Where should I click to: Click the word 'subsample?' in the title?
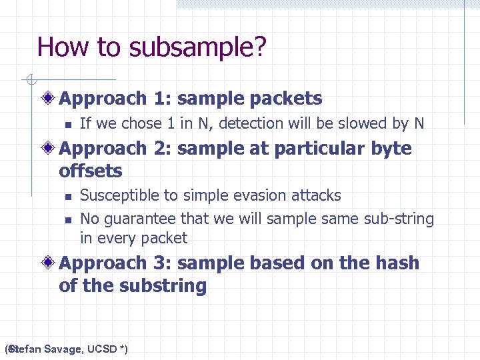198,47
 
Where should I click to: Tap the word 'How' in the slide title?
58,47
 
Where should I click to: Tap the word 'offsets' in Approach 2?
91,171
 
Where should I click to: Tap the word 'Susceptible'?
116,196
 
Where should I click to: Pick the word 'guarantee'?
136,219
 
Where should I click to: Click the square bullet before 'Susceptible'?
67,197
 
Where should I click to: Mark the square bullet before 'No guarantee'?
67,219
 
